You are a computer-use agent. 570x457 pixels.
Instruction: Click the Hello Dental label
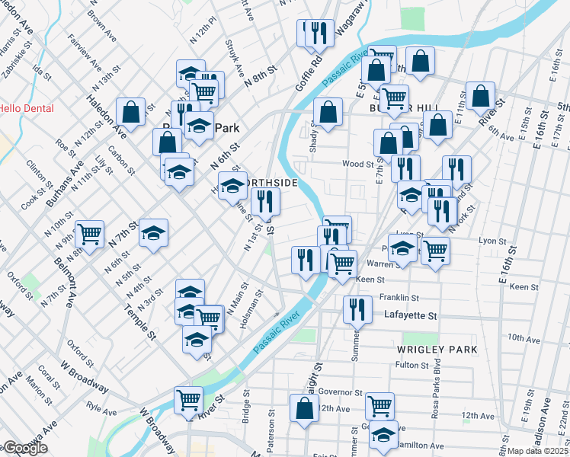click(x=26, y=108)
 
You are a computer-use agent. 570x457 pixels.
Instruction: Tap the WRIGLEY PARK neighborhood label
click(x=437, y=349)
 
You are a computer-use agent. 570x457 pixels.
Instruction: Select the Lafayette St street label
click(x=410, y=315)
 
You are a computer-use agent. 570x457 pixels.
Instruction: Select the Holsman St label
click(x=257, y=306)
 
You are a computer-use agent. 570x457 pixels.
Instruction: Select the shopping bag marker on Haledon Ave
click(x=131, y=111)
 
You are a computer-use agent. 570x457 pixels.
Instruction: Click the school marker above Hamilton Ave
click(x=383, y=433)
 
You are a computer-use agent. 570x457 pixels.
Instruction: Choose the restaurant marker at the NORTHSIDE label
click(x=265, y=202)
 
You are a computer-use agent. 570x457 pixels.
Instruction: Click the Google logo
click(x=25, y=448)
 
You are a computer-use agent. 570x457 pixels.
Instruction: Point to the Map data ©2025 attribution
click(x=537, y=451)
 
